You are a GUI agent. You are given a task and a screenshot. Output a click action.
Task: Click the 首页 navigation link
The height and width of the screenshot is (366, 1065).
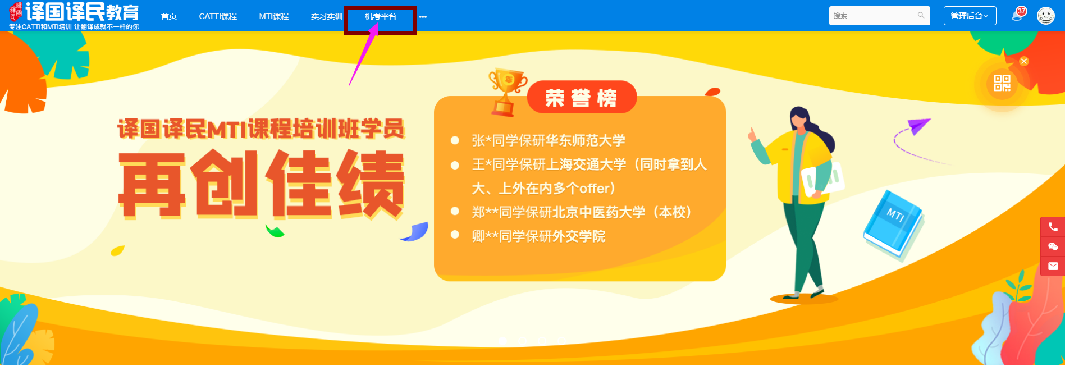click(169, 16)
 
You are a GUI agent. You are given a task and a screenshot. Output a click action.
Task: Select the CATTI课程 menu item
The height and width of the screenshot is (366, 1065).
click(218, 16)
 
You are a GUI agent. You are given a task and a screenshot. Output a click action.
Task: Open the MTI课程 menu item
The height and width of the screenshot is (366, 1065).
click(274, 16)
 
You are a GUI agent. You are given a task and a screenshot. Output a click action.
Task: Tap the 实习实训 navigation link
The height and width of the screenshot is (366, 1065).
click(327, 16)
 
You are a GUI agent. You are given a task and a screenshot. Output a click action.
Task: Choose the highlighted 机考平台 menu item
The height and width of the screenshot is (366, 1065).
click(381, 16)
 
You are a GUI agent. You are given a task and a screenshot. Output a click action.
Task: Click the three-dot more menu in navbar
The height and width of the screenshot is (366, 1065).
click(423, 17)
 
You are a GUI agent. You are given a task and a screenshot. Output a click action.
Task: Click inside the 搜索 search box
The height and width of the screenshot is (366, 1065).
click(879, 16)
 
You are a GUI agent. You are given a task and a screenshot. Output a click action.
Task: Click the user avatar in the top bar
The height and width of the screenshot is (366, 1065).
click(1046, 16)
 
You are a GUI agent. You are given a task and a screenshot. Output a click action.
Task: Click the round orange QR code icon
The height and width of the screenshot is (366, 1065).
click(1002, 84)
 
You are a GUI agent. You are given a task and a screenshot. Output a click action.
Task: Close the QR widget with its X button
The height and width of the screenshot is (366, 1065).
click(1024, 61)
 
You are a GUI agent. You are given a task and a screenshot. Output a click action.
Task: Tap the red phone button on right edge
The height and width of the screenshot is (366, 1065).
click(1053, 227)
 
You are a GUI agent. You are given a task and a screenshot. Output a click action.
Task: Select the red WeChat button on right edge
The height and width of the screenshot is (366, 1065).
click(1053, 246)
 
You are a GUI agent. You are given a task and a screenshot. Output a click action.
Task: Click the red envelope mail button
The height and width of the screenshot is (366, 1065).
click(1053, 266)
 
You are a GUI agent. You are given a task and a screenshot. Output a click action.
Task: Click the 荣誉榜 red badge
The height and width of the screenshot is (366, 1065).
click(582, 98)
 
